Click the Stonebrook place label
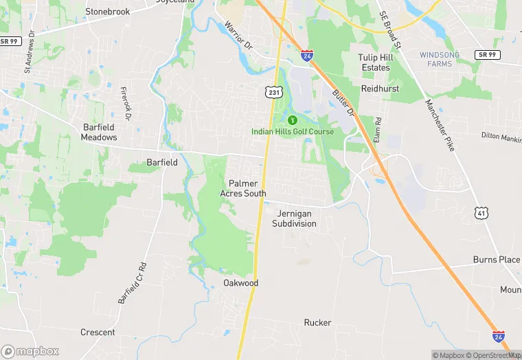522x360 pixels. pos(107,11)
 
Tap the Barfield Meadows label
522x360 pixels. pos(99,132)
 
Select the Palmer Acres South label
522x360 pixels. pos(242,188)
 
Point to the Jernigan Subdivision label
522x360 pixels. pos(294,218)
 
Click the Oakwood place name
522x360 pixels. pos(240,282)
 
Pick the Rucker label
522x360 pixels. pos(317,322)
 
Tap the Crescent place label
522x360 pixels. pos(98,332)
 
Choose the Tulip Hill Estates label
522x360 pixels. pos(374,63)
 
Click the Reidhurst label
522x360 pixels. pos(381,89)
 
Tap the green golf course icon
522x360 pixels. pos(292,120)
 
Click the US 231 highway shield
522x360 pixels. pos(274,91)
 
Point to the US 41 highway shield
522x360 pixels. pos(482,214)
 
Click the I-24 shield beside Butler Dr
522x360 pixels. pos(307,54)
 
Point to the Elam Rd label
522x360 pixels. pos(377,128)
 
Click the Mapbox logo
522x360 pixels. pos(30,351)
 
